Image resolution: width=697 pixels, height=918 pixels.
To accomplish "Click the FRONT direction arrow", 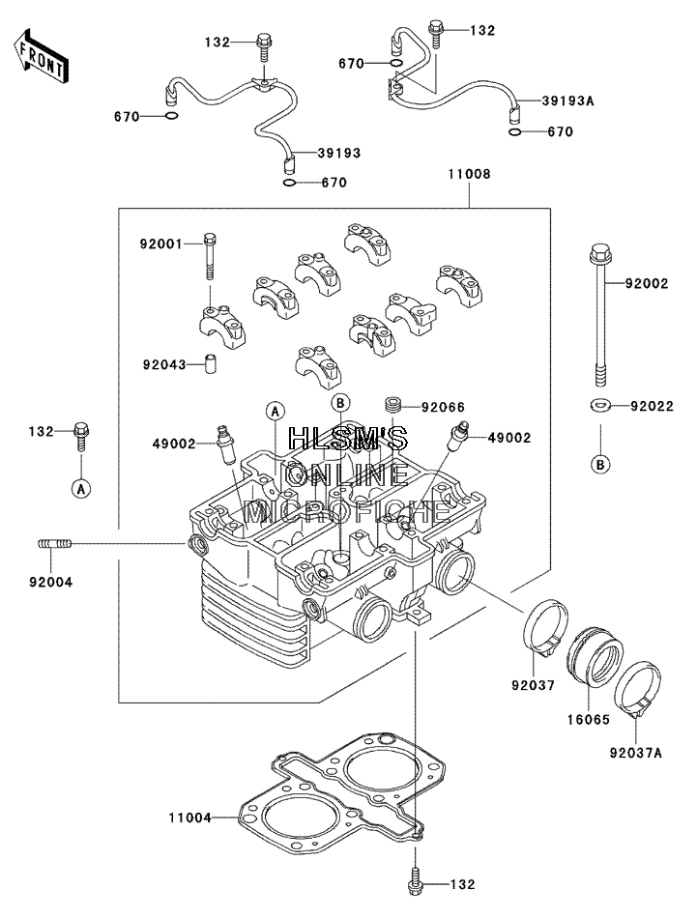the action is pyautogui.click(x=41, y=56).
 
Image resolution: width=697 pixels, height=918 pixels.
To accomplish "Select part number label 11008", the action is pyautogui.click(x=469, y=175).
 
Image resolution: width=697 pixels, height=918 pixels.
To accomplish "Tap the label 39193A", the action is pyautogui.click(x=566, y=100).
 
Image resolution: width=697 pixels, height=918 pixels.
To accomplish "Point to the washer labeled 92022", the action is pyautogui.click(x=600, y=405).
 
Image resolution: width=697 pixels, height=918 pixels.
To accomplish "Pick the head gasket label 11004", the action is pyautogui.click(x=189, y=818).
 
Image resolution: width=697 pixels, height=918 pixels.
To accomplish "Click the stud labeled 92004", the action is pyautogui.click(x=55, y=544).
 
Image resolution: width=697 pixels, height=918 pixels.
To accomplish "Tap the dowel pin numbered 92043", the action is pyautogui.click(x=209, y=363).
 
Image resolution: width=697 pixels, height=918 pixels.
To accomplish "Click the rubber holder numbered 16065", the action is pyautogui.click(x=595, y=657).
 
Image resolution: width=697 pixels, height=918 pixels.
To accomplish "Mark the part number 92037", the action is pyautogui.click(x=533, y=684).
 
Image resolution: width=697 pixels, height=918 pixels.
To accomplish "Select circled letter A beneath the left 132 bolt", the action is pyautogui.click(x=81, y=488).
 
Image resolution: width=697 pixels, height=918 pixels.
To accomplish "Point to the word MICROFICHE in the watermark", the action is pyautogui.click(x=347, y=513).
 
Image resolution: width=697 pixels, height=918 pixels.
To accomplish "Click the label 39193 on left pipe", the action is pyautogui.click(x=339, y=154).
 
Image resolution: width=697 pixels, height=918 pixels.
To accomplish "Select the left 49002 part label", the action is pyautogui.click(x=174, y=444).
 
